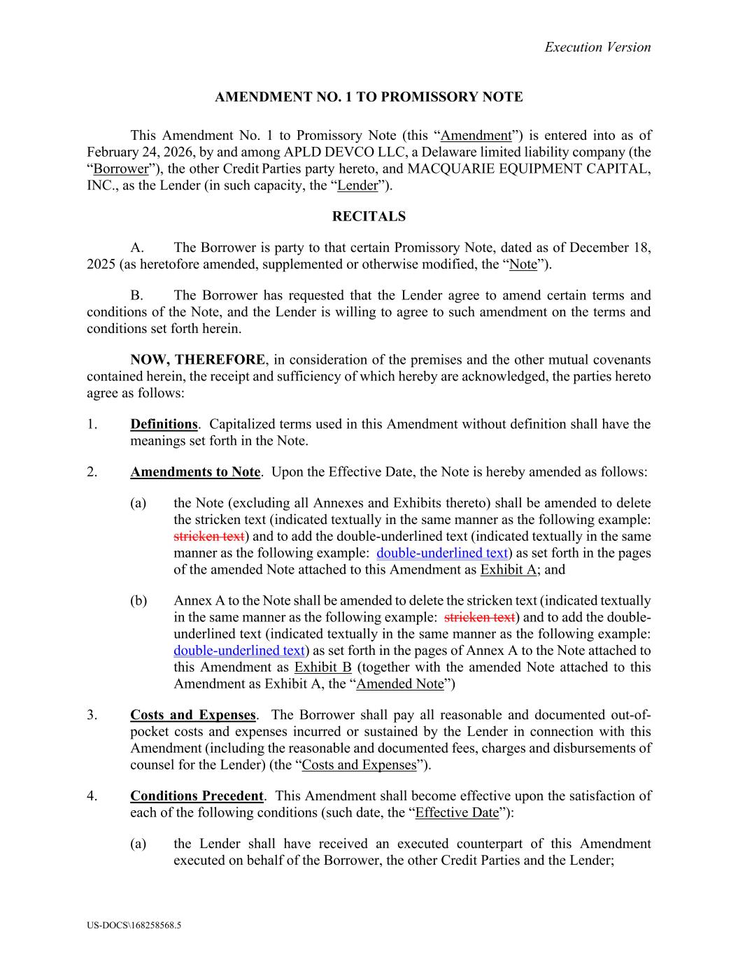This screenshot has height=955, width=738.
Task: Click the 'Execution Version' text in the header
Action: pos(597,47)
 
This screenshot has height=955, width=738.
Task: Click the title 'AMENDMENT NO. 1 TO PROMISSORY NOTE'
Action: pos(369,97)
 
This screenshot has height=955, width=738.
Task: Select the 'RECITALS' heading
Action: pos(369,216)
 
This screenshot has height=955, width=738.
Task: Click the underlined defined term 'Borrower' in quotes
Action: pos(121,169)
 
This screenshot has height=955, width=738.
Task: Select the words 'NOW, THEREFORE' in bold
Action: pos(197,360)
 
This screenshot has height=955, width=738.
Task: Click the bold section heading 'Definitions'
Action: pos(164,424)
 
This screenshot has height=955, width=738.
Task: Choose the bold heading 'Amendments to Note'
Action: pos(195,472)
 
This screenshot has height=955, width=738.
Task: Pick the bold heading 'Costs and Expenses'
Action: pos(193,715)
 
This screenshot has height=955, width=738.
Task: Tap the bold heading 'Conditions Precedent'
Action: pos(197,795)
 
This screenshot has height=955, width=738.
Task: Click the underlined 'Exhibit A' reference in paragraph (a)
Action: pos(508,570)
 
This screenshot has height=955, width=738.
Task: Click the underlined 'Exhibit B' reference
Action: pos(322,667)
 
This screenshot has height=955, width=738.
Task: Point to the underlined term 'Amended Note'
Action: pos(400,684)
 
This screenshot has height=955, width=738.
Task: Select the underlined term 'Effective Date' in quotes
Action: pos(457,812)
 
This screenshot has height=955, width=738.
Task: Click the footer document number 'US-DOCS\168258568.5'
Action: pos(134,925)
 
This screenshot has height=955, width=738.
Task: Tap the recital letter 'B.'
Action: pos(137,295)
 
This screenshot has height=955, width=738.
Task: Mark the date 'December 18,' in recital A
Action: pos(610,248)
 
